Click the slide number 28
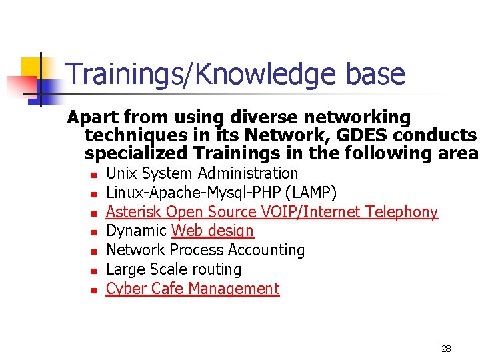tap(446, 349)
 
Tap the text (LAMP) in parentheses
tap(312, 193)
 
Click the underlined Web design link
tap(213, 231)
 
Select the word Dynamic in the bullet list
tap(137, 231)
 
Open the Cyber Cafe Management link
tap(193, 289)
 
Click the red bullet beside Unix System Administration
tap(94, 175)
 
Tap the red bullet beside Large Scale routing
tap(94, 271)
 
